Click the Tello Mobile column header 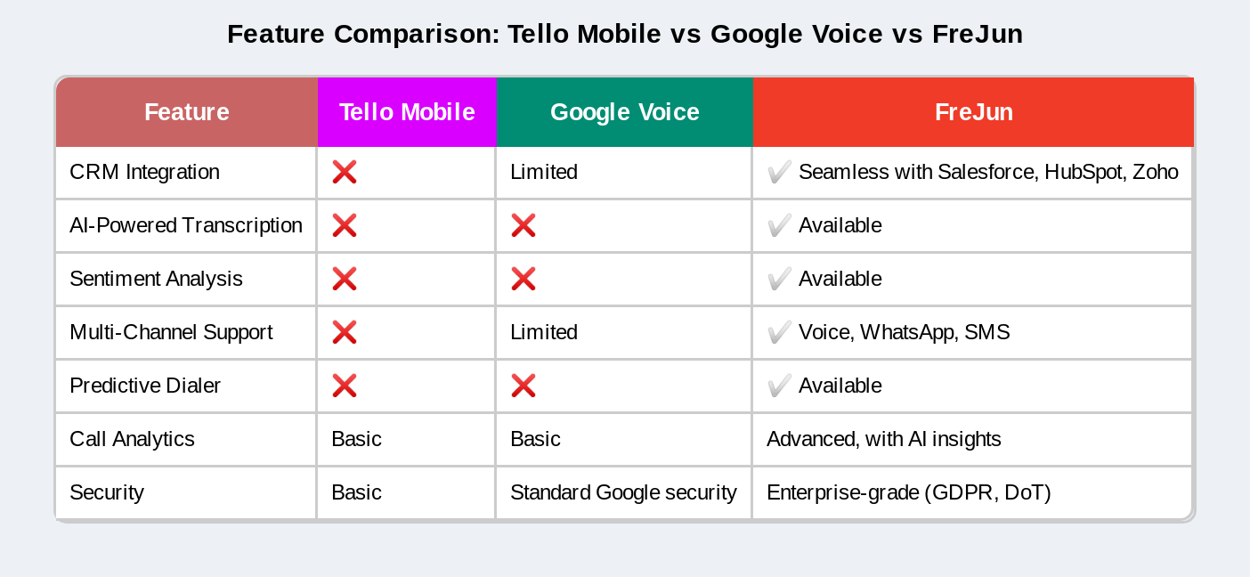pyautogui.click(x=407, y=112)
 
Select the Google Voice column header pyautogui.click(x=624, y=112)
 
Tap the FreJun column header pyautogui.click(x=973, y=112)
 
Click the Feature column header pyautogui.click(x=187, y=112)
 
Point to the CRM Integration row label pyautogui.click(x=144, y=172)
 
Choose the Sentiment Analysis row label pyautogui.click(x=156, y=279)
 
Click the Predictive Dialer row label pyautogui.click(x=145, y=386)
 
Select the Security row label pyautogui.click(x=107, y=492)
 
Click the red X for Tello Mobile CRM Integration pyautogui.click(x=345, y=172)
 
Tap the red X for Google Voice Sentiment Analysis pyautogui.click(x=524, y=279)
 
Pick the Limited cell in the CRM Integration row pyautogui.click(x=544, y=172)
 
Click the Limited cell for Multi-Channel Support pyautogui.click(x=544, y=332)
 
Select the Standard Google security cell pyautogui.click(x=623, y=492)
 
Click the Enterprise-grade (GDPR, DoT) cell pyautogui.click(x=908, y=492)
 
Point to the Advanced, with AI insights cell pyautogui.click(x=883, y=439)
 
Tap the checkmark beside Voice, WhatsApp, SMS pyautogui.click(x=779, y=332)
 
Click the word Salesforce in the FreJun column pyautogui.click(x=986, y=172)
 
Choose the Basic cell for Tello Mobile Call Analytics pyautogui.click(x=356, y=439)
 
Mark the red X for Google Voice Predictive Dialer pyautogui.click(x=524, y=386)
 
